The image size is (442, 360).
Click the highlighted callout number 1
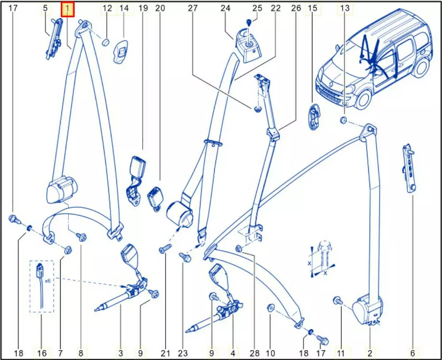(x=68, y=9)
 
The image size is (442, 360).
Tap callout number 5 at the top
(x=46, y=8)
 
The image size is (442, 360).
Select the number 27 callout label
(x=193, y=8)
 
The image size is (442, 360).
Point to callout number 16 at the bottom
(x=42, y=353)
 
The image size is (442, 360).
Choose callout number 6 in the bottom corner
(x=413, y=353)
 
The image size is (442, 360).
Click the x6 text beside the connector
(x=47, y=281)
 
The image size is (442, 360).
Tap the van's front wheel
(x=363, y=100)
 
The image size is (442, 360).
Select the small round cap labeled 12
(x=106, y=42)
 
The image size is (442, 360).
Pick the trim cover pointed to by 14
(x=120, y=51)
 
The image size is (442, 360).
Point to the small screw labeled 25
(x=248, y=22)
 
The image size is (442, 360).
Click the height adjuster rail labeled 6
(x=409, y=169)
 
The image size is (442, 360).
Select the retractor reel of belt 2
(x=366, y=310)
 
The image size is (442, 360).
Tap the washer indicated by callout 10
(x=270, y=307)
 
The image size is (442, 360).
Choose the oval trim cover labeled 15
(x=314, y=117)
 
